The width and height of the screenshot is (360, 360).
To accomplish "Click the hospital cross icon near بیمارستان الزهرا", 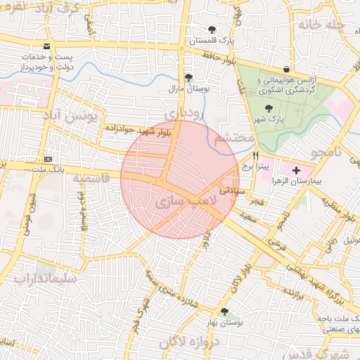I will tap(296, 169).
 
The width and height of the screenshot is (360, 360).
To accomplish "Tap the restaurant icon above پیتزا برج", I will tap(255, 156).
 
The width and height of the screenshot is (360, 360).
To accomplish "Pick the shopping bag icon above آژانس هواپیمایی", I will tap(287, 69).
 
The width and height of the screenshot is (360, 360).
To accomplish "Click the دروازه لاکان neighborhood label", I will tap(190, 342).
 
